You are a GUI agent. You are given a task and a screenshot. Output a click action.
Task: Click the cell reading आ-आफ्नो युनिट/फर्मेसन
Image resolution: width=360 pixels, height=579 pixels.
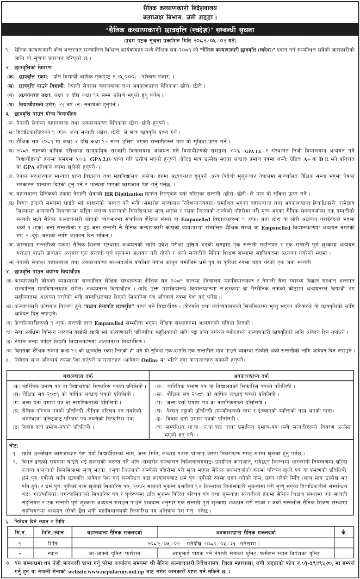116,553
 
